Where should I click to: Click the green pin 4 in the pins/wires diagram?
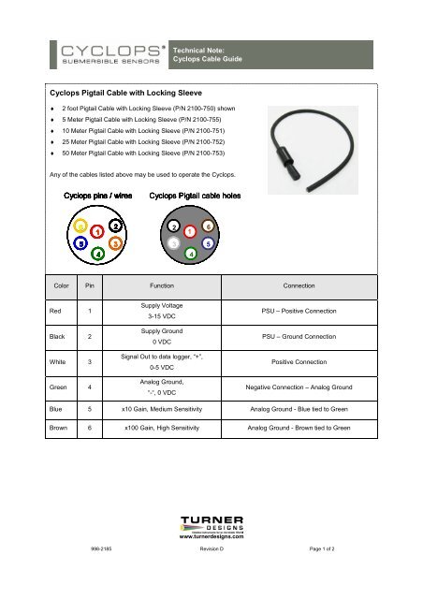tap(98, 253)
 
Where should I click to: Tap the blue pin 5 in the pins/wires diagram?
tap(81, 242)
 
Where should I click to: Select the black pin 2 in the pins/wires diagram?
tap(114, 226)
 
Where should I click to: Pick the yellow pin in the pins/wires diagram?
tap(81, 226)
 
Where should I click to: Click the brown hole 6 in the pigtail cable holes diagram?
tap(207, 226)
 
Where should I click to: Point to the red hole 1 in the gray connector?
tap(189, 230)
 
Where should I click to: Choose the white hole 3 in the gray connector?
tap(174, 243)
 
